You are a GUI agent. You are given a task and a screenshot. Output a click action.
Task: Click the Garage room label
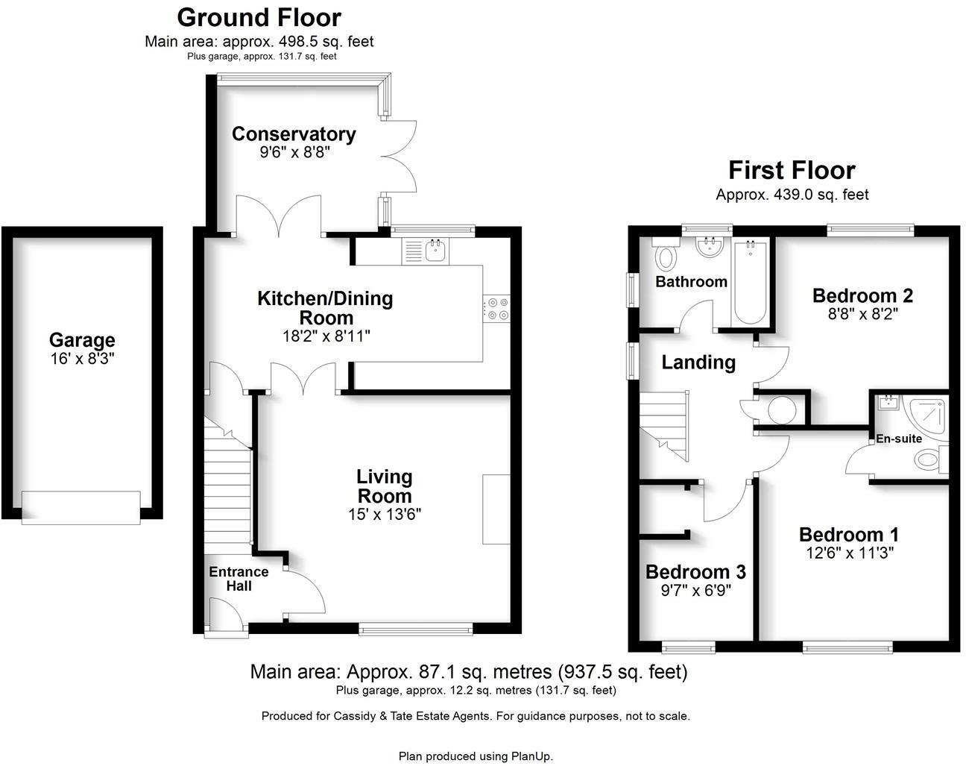(82, 340)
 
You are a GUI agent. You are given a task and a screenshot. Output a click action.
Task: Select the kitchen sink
(435, 251)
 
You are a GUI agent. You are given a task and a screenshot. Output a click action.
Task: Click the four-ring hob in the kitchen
(497, 309)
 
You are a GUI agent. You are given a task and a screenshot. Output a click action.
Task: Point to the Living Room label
(384, 486)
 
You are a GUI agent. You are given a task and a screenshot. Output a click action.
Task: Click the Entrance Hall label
(239, 579)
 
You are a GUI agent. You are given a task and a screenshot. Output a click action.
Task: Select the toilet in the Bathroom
(666, 257)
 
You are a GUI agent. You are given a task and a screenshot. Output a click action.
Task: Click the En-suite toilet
(929, 459)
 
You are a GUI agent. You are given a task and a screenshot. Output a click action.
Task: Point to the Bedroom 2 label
(862, 295)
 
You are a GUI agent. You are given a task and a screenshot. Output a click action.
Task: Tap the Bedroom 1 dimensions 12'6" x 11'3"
(849, 553)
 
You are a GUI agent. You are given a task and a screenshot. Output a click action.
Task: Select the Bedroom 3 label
(695, 572)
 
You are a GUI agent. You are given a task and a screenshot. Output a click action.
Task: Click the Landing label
(698, 362)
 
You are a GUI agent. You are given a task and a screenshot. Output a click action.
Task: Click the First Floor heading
(791, 170)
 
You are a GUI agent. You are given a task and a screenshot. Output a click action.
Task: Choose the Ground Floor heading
(259, 16)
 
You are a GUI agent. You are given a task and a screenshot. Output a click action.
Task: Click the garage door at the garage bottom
(80, 507)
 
